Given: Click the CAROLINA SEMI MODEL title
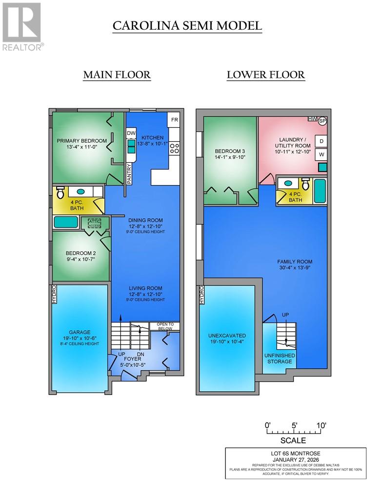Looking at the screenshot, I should tap(187, 26).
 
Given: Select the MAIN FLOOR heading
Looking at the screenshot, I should tap(117, 75).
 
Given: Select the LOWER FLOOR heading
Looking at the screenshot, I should tap(265, 75).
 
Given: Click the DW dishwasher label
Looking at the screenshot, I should tap(131, 133).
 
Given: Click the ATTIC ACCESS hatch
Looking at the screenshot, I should tap(94, 224).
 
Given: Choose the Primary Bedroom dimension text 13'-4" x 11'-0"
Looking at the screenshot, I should tap(81, 147).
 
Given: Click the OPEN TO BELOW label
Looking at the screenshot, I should tap(164, 326).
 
